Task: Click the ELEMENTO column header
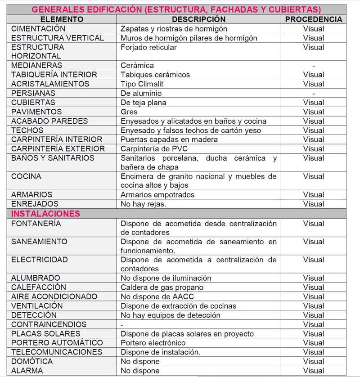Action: (62, 19)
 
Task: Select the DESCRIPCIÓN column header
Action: (198, 19)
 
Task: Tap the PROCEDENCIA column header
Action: (314, 19)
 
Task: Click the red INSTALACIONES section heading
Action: (45, 213)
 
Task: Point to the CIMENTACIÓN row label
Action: (38, 29)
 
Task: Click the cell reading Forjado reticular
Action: (149, 47)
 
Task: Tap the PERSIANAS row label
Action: (33, 93)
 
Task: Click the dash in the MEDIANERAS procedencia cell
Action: (314, 66)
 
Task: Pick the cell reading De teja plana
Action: (144, 103)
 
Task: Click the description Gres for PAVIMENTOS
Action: (129, 112)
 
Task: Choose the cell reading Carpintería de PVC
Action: (154, 148)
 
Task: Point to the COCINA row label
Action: (26, 176)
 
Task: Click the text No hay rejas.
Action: (144, 204)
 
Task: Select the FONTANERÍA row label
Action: (36, 224)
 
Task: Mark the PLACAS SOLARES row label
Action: (46, 334)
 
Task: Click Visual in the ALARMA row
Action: (314, 371)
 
